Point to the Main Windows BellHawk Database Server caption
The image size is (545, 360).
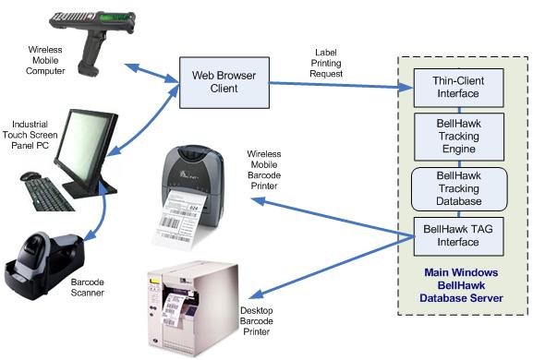click(461, 285)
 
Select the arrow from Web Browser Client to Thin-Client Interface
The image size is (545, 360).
click(333, 86)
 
